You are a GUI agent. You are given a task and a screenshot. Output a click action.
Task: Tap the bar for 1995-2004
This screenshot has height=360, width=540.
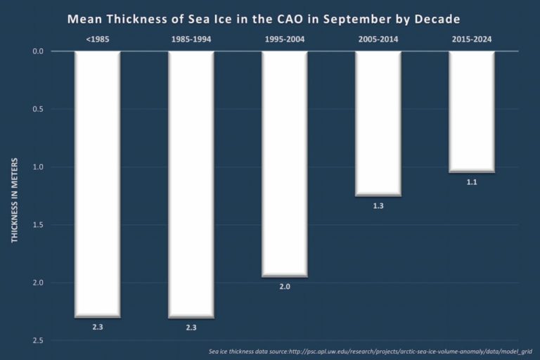[x=285, y=164]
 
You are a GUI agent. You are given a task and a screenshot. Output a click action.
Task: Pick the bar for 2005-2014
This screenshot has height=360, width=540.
[x=378, y=123]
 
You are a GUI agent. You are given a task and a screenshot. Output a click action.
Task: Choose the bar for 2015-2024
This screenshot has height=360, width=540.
[x=472, y=111]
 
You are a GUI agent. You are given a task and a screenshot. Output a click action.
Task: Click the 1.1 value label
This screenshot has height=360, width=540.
[x=472, y=183]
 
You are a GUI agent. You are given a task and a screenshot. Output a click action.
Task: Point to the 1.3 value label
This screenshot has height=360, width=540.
[x=378, y=207]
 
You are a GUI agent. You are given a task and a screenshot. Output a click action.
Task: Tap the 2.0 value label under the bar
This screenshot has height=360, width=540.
[x=285, y=287]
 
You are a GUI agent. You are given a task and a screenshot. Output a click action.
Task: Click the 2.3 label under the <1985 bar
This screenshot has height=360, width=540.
[x=97, y=328]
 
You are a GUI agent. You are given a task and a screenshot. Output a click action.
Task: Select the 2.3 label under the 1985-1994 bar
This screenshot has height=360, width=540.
[x=191, y=328]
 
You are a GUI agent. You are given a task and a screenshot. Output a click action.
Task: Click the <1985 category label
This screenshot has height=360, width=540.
[x=97, y=39]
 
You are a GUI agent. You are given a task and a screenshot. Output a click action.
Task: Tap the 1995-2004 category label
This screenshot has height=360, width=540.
[x=285, y=39]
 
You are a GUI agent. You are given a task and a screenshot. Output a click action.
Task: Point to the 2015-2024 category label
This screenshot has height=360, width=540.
[x=472, y=39]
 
